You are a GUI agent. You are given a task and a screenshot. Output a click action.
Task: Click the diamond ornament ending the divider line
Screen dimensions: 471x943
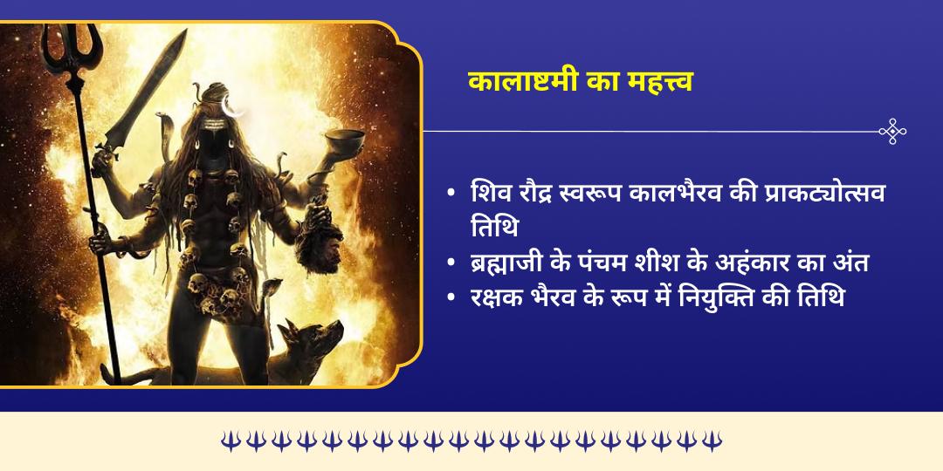coord(892,132)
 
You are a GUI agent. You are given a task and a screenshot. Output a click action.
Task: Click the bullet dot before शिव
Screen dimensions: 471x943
coord(451,193)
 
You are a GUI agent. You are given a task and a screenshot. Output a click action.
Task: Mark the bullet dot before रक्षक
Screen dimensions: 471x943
coord(451,297)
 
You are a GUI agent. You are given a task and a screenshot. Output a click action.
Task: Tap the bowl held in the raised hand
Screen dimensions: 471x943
coord(344,140)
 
